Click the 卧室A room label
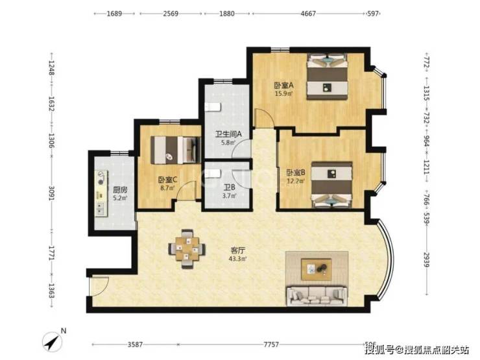coord(283,85)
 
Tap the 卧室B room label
coord(296,173)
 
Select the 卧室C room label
coord(167,180)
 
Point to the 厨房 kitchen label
coord(120,190)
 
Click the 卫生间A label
coord(228,134)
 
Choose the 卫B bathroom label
coord(229,187)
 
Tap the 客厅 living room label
coord(237,251)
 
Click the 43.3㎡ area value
coord(237,259)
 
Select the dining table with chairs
coord(187,248)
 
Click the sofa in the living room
coord(317,296)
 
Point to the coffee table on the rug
coord(317,269)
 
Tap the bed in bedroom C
coord(176,150)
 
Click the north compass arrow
coord(53,341)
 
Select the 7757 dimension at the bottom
coord(271,344)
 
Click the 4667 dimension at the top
coord(308,14)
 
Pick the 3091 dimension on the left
coord(51,194)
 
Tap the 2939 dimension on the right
coord(426,259)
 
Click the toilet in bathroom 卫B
coord(213,174)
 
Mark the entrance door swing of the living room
coord(99,286)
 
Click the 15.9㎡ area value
coord(283,93)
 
